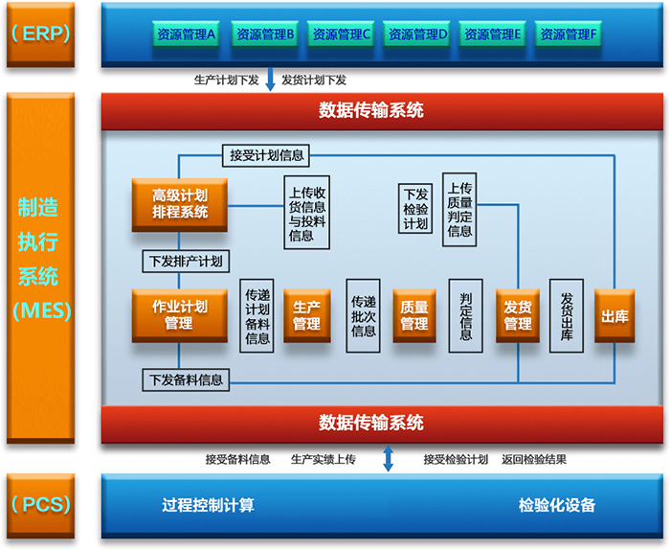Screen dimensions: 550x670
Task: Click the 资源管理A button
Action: pyautogui.click(x=187, y=34)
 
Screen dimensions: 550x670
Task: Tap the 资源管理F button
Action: pyautogui.click(x=569, y=34)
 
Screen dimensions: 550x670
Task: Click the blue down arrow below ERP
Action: pyautogui.click(x=270, y=80)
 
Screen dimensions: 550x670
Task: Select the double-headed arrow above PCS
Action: pyautogui.click(x=389, y=458)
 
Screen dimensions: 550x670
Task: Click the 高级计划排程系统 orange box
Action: pyautogui.click(x=180, y=203)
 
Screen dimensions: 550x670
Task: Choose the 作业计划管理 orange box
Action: pyautogui.click(x=180, y=315)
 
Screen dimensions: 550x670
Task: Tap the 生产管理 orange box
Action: pyautogui.click(x=306, y=315)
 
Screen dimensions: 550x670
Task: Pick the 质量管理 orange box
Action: pyautogui.click(x=414, y=315)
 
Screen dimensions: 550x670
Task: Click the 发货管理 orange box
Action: pyautogui.click(x=519, y=315)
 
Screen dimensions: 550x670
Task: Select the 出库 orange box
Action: pyautogui.click(x=614, y=315)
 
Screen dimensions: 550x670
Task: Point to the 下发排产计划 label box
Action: pyautogui.click(x=186, y=260)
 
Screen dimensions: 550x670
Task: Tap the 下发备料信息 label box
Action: pyautogui.click(x=186, y=379)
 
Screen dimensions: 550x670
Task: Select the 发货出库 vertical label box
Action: pyautogui.click(x=567, y=317)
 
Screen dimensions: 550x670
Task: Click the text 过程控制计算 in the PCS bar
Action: pyautogui.click(x=209, y=505)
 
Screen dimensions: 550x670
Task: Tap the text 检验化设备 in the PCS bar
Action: pyautogui.click(x=557, y=505)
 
